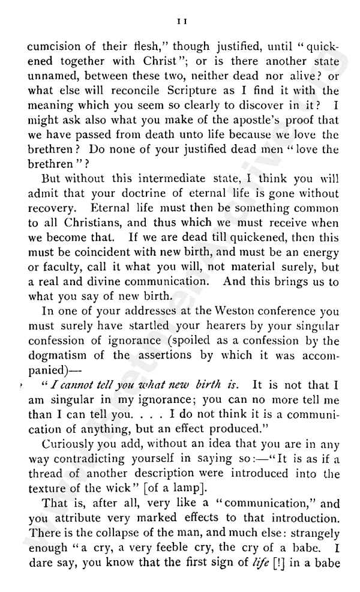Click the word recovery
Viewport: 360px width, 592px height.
tap(57, 210)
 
